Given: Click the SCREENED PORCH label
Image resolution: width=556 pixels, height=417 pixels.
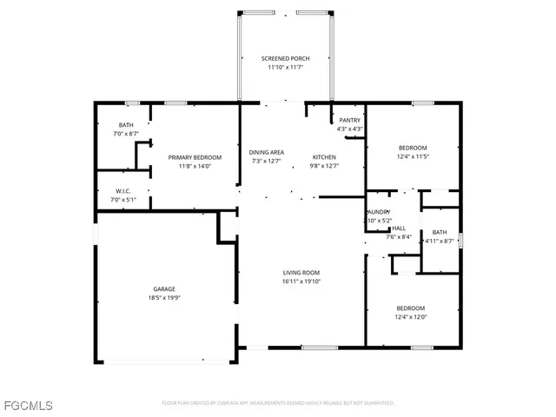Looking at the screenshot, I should click(x=285, y=58).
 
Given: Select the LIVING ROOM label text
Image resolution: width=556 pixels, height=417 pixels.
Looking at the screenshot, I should click(x=301, y=274).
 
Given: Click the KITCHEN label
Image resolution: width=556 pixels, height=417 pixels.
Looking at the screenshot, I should click(x=324, y=157).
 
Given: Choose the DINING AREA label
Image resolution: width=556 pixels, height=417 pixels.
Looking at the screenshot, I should click(x=267, y=152).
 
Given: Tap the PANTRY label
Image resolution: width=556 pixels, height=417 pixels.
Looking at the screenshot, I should click(x=350, y=121).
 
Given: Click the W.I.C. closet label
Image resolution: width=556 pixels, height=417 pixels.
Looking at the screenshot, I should click(x=122, y=191).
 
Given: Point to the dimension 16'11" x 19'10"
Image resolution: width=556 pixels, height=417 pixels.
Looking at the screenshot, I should click(x=301, y=281).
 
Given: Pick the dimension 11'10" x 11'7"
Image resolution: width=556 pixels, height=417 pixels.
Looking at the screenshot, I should click(x=285, y=67).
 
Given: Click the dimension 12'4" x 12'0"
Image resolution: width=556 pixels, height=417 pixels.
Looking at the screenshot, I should click(x=411, y=317).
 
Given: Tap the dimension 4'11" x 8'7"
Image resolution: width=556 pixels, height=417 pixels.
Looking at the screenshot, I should click(x=440, y=241).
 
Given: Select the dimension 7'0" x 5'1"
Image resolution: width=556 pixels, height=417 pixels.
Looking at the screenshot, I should click(x=122, y=200).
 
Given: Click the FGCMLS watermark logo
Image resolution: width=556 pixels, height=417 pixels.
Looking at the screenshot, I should click(x=28, y=405).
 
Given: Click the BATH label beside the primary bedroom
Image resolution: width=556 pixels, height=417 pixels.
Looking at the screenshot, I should click(x=126, y=125).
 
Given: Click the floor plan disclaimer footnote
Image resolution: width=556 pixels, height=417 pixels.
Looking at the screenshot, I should click(x=278, y=403).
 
